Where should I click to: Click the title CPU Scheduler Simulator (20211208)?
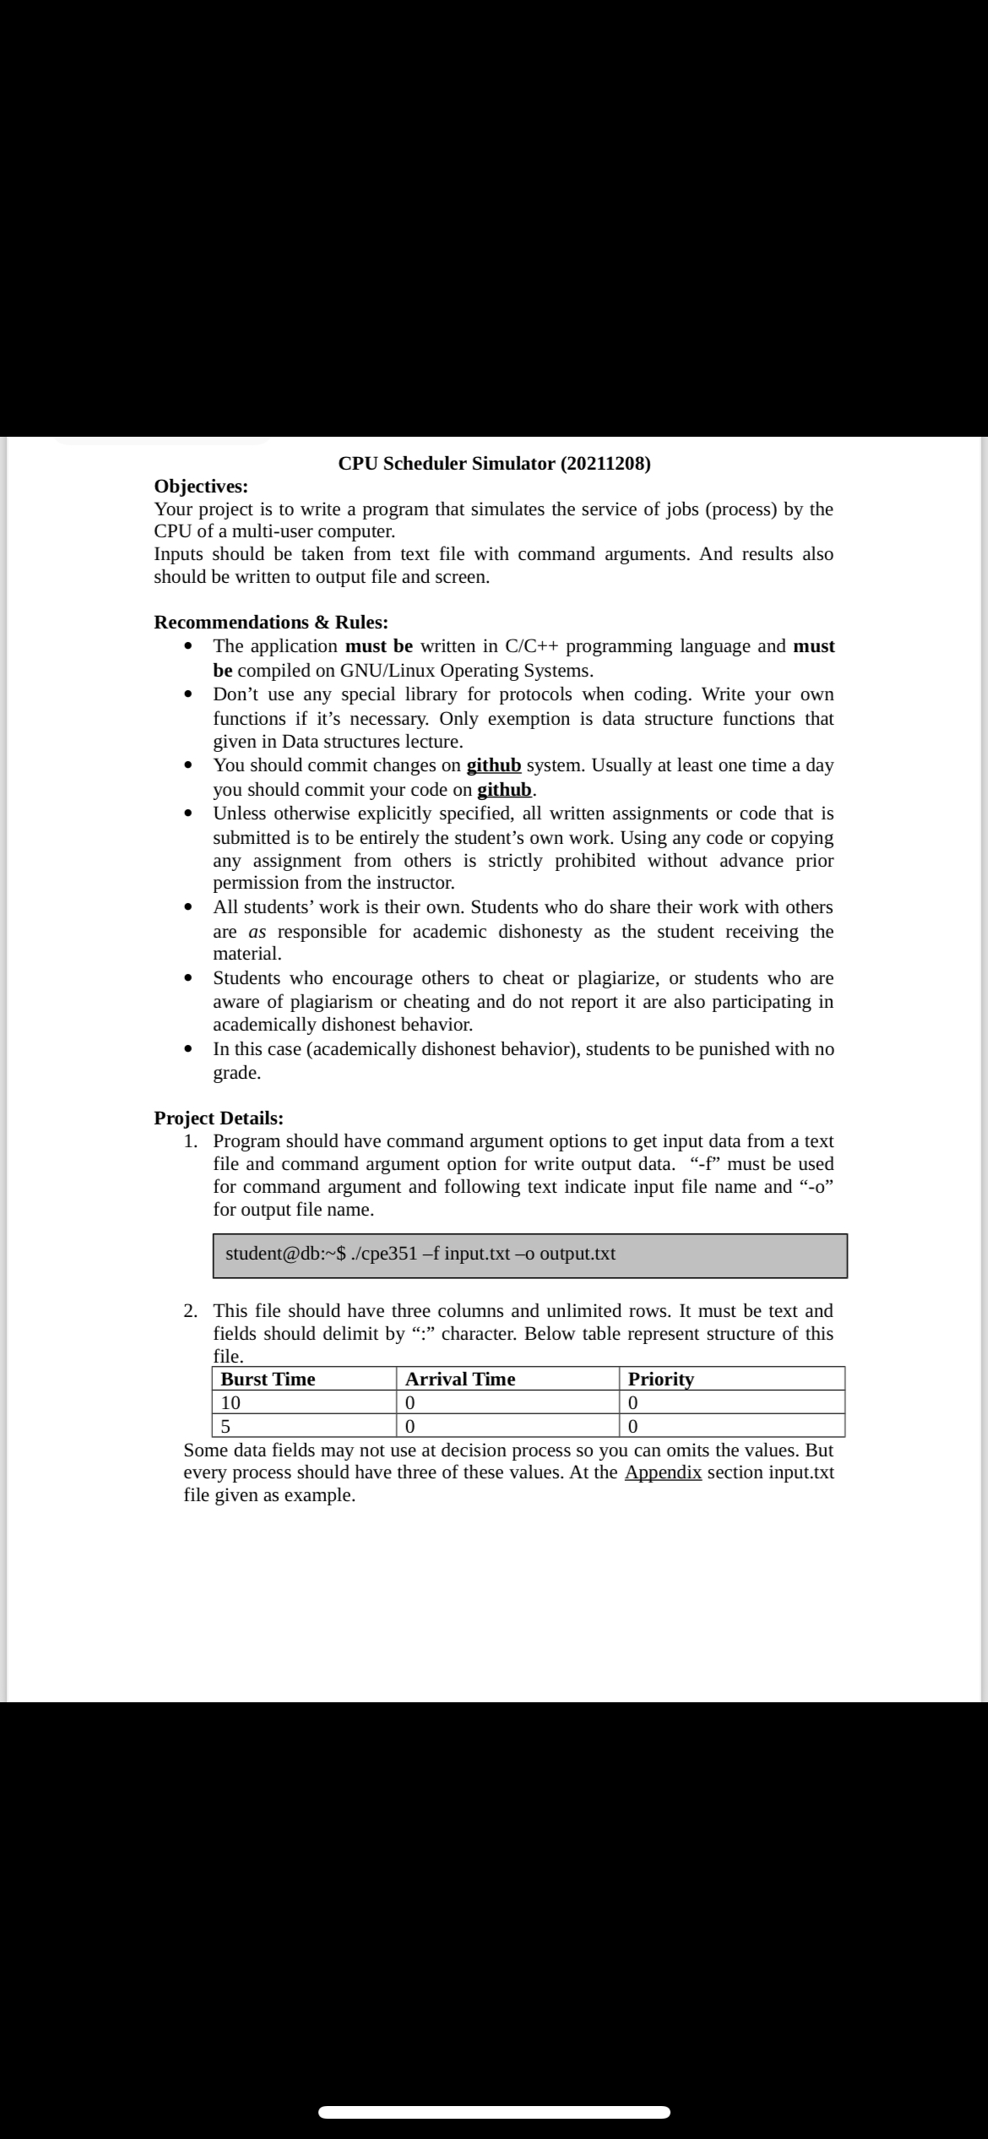coord(494,463)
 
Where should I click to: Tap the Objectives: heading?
coord(201,486)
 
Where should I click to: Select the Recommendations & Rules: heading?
coord(271,622)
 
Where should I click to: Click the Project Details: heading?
coord(219,1118)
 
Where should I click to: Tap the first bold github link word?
coord(493,765)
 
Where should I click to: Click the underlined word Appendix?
coord(663,1472)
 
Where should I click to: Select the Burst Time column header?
coord(268,1379)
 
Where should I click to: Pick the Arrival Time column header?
coord(460,1379)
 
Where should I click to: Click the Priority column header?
coord(661,1379)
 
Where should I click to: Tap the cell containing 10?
coord(231,1402)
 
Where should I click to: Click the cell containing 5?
coord(225,1427)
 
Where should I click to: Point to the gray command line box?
coord(529,1255)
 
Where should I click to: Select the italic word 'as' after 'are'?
coord(258,932)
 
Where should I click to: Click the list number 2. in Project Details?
coord(192,1311)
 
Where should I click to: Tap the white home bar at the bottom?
coord(494,2112)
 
